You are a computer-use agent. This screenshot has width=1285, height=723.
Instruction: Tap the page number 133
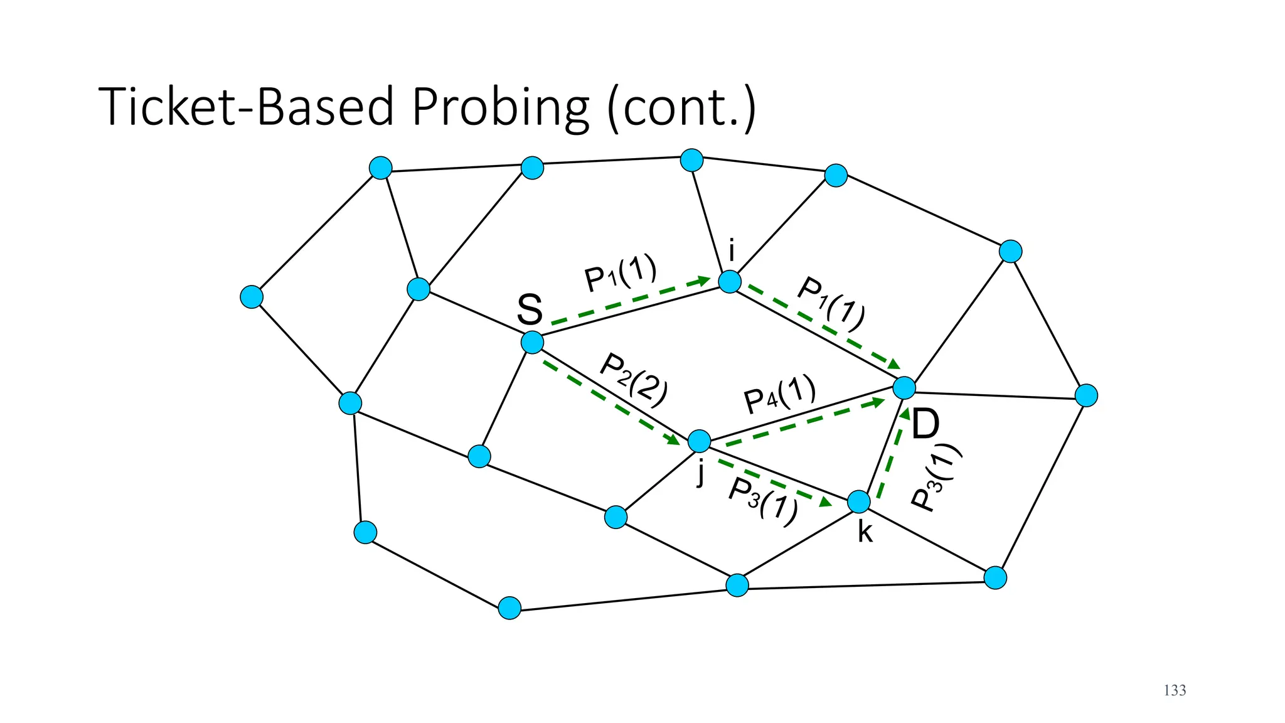(x=1175, y=690)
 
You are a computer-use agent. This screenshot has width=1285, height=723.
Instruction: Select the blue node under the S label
(x=532, y=343)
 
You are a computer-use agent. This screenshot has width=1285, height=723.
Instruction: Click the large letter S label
(x=530, y=309)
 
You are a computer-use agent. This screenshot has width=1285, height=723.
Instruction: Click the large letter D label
(x=925, y=425)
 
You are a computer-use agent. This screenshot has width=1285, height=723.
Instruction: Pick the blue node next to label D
(x=904, y=388)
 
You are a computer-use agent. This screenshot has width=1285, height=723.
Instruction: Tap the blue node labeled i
(x=730, y=282)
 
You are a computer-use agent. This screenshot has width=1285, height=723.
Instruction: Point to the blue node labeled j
(x=700, y=441)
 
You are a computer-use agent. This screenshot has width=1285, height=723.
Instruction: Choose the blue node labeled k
(x=859, y=501)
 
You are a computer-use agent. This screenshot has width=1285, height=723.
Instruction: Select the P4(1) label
(x=779, y=395)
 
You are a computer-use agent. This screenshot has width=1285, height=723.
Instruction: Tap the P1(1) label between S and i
(x=620, y=274)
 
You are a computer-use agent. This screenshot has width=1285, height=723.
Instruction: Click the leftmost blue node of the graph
(x=252, y=297)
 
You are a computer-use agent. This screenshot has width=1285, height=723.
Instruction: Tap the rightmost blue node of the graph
(x=1086, y=395)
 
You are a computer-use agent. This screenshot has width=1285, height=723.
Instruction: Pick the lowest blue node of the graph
(x=509, y=608)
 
